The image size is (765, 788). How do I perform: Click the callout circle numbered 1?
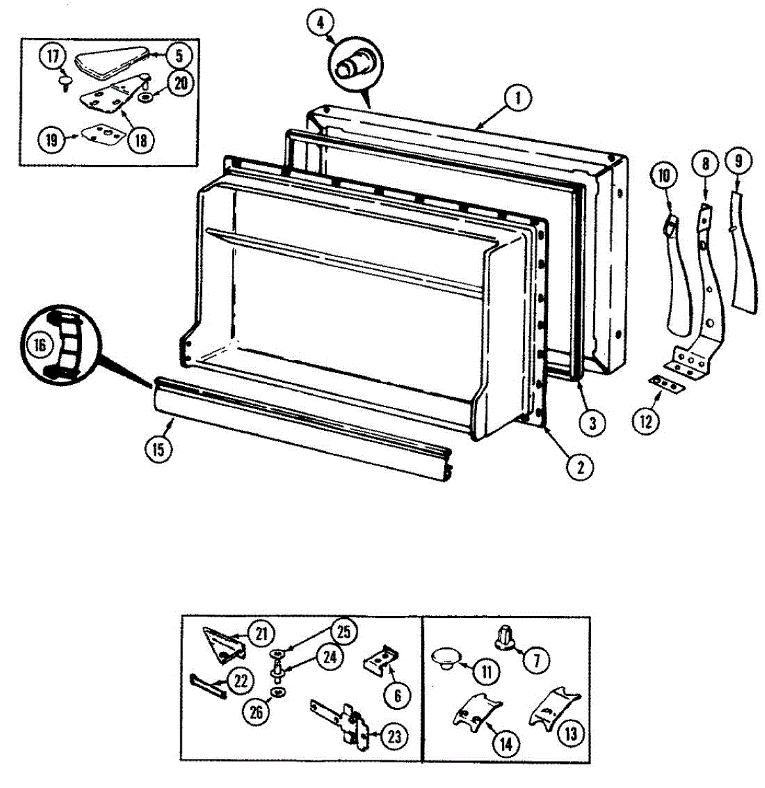tap(518, 99)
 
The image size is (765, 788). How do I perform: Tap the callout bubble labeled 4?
tap(320, 23)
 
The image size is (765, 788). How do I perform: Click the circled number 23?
tap(394, 737)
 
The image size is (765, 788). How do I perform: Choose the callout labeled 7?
tap(537, 660)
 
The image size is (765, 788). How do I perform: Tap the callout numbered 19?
tap(52, 139)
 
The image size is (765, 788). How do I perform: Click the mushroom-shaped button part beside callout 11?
tap(446, 657)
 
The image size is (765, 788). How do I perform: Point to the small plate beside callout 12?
tap(666, 385)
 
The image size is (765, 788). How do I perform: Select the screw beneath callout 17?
tap(66, 83)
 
